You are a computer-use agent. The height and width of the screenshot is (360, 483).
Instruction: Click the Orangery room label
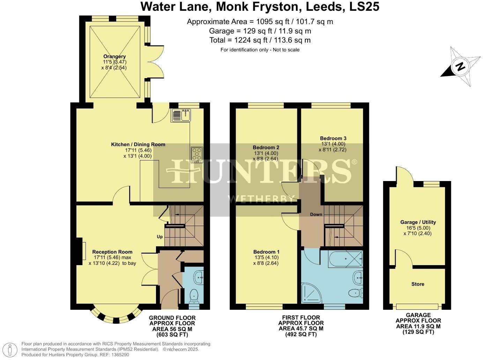pyautogui.click(x=114, y=57)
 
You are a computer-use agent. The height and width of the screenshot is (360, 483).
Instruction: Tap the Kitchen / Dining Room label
pyautogui.click(x=138, y=144)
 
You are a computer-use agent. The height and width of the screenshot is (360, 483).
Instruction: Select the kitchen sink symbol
pyautogui.click(x=181, y=115)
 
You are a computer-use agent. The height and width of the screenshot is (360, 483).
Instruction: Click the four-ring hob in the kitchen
pyautogui.click(x=197, y=155)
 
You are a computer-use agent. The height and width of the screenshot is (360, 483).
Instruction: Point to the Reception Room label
pyautogui.click(x=112, y=252)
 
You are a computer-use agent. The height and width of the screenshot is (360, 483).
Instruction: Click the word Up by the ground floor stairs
pyautogui.click(x=159, y=237)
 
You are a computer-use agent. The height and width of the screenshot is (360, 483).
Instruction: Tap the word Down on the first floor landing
pyautogui.click(x=316, y=214)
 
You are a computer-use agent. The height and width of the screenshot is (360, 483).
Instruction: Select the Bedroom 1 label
pyautogui.click(x=266, y=252)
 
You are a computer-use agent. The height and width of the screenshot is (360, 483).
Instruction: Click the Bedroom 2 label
pyautogui.click(x=266, y=148)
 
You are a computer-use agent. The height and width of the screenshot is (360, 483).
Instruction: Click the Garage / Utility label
pyautogui.click(x=418, y=222)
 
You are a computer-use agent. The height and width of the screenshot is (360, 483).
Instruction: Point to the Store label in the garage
pyautogui.click(x=417, y=284)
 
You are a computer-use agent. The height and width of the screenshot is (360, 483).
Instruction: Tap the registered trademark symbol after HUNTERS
pyautogui.click(x=354, y=162)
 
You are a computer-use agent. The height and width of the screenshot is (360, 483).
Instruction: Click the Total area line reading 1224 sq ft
pyautogui.click(x=260, y=40)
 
